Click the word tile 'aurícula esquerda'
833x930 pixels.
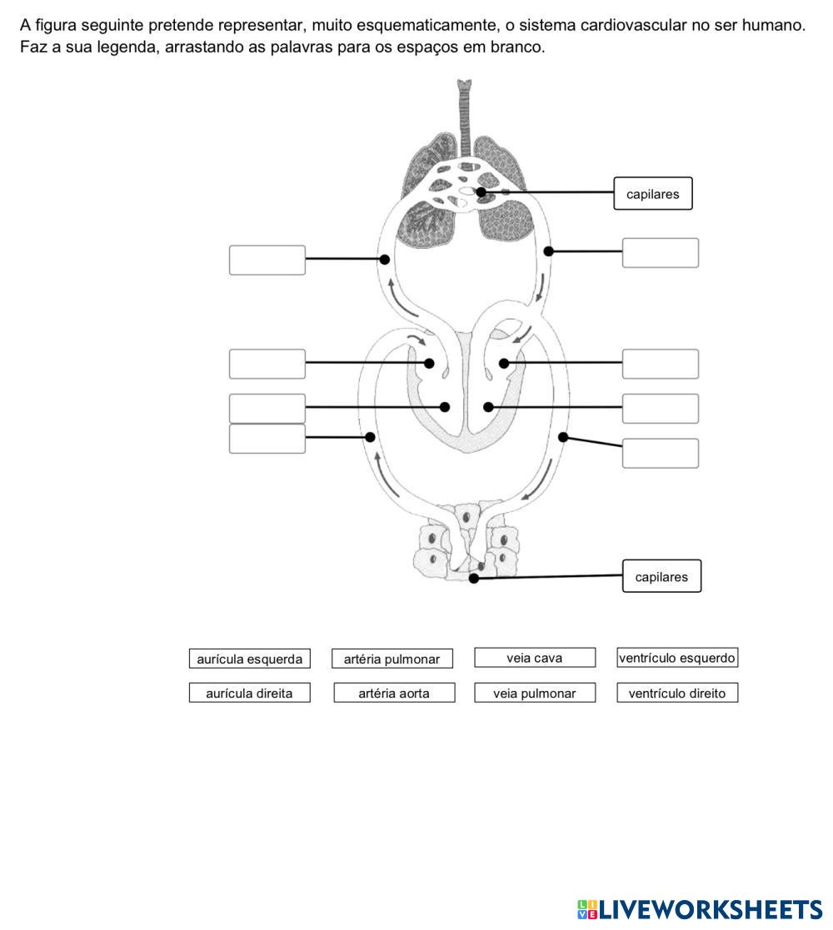click(249, 659)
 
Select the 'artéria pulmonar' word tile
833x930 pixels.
click(392, 659)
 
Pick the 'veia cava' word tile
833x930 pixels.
click(535, 658)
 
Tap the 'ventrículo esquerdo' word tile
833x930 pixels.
click(677, 658)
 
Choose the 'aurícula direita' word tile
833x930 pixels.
click(249, 693)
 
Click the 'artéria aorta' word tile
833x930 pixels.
click(394, 693)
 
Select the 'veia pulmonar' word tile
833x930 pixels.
click(535, 693)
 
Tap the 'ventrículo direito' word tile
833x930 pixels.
click(677, 693)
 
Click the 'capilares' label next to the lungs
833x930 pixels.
click(653, 194)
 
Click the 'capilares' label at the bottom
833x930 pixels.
click(661, 576)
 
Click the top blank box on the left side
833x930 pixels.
click(267, 260)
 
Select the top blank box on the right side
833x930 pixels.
click(660, 253)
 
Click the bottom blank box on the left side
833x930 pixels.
click(267, 439)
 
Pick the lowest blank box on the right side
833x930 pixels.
click(660, 453)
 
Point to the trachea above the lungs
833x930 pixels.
click(464, 108)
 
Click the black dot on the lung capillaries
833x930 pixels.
click(481, 192)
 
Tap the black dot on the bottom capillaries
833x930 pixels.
click(474, 579)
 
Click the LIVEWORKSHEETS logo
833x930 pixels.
click(699, 909)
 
